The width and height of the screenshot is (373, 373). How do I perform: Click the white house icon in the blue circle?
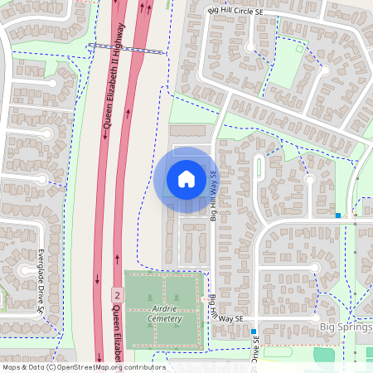click(186, 178)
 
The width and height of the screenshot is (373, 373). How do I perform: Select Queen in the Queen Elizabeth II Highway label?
click(107, 121)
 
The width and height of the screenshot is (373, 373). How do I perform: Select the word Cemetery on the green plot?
click(163, 318)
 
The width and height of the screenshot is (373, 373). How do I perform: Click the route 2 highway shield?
click(118, 295)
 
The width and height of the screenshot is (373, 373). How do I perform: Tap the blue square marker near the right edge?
click(338, 216)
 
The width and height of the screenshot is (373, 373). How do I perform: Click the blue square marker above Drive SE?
click(254, 332)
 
